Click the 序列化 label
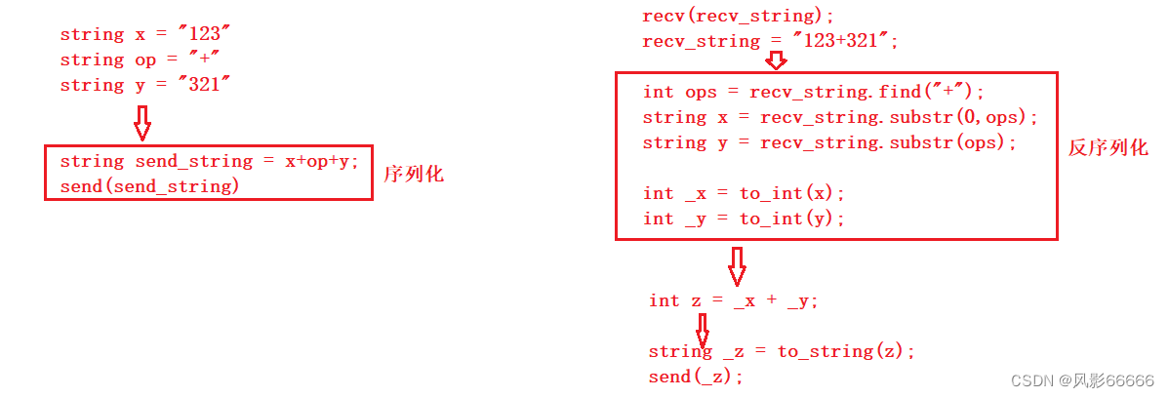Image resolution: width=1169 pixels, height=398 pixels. (x=414, y=175)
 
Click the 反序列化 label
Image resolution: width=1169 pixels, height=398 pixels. (x=1109, y=148)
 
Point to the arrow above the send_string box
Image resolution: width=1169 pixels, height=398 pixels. (x=142, y=123)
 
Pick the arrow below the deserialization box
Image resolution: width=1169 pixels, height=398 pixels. (x=737, y=264)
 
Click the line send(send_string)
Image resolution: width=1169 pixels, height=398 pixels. (x=149, y=185)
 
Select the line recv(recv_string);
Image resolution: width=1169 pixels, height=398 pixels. (x=739, y=16)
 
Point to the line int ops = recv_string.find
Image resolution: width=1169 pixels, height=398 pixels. (x=814, y=92)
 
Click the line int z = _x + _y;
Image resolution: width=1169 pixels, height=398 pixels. (x=734, y=300)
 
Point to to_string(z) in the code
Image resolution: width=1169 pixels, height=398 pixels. (x=847, y=351)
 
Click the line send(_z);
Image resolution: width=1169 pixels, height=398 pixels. (x=696, y=377)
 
